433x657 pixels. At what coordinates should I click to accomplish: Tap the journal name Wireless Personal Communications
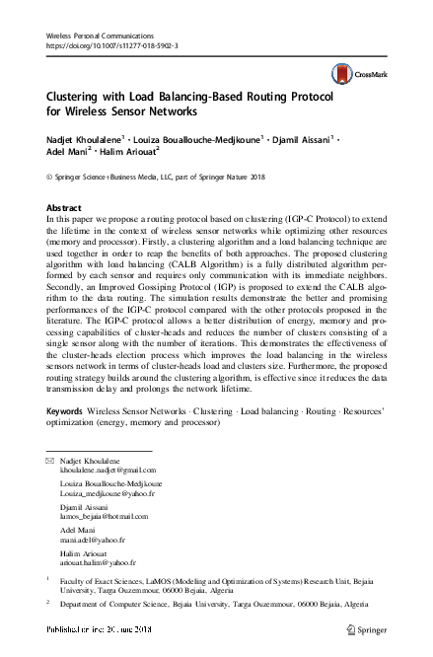click(x=104, y=35)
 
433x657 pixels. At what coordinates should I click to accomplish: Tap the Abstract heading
click(x=64, y=208)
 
